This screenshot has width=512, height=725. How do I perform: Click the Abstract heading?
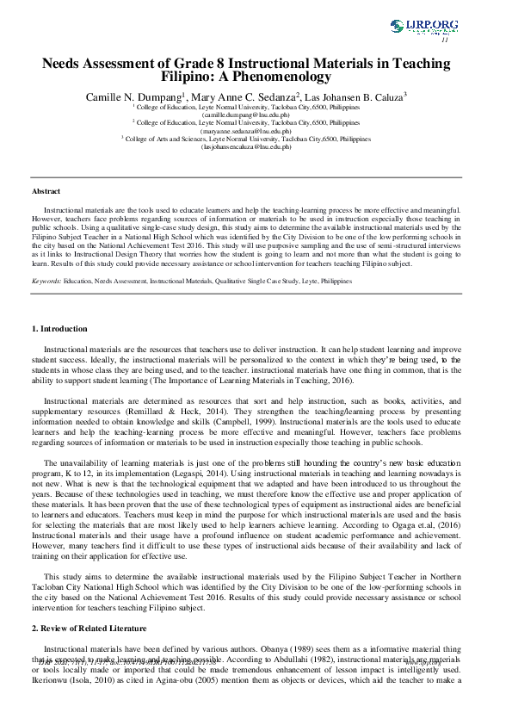pos(46,190)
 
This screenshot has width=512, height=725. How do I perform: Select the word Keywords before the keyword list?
pos(46,281)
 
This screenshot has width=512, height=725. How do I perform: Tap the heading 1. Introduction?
pos(59,328)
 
